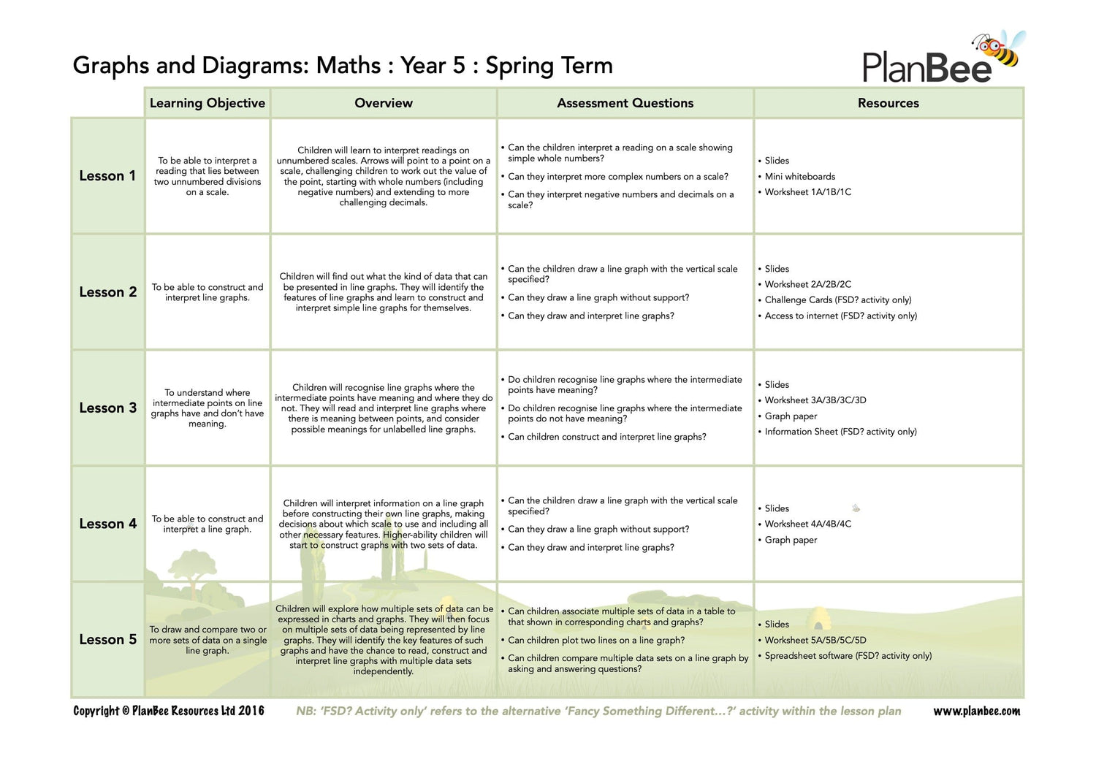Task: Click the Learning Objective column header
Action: point(208,103)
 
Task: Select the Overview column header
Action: point(384,103)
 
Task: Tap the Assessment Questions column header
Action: point(625,103)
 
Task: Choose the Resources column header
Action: point(888,103)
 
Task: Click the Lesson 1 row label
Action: point(107,176)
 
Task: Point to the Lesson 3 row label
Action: point(107,408)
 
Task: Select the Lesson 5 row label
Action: point(107,640)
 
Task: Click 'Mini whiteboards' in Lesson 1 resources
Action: point(799,177)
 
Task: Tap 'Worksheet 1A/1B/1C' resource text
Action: point(807,192)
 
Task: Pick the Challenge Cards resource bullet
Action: point(837,300)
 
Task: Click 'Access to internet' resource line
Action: point(840,316)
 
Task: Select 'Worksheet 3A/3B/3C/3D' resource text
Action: point(815,400)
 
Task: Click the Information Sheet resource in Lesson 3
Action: point(840,432)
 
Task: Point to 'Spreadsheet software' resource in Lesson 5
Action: point(848,656)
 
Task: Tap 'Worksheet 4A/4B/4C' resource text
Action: point(807,524)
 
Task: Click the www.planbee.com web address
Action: point(976,711)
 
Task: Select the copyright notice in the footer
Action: point(169,711)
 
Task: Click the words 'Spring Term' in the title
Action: point(549,66)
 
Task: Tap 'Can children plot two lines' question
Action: point(596,641)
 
